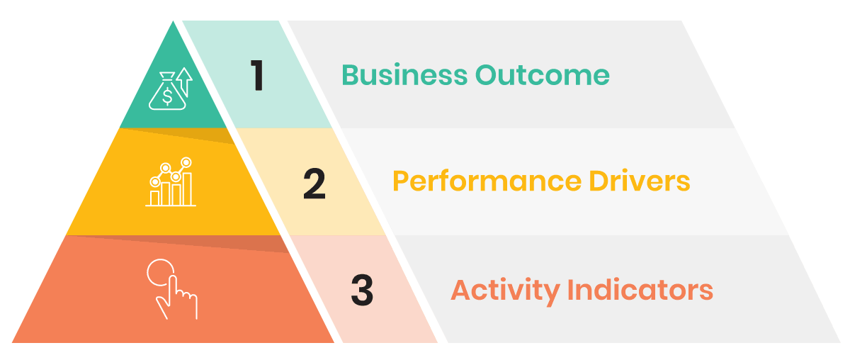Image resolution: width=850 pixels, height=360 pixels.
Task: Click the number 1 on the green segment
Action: click(258, 76)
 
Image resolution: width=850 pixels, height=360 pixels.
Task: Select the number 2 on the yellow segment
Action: click(314, 183)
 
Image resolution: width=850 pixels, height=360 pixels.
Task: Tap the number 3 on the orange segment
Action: click(362, 291)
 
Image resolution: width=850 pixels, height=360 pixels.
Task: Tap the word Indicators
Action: click(640, 291)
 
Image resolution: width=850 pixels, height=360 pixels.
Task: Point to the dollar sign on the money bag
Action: click(166, 95)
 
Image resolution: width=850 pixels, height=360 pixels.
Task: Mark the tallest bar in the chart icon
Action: click(188, 188)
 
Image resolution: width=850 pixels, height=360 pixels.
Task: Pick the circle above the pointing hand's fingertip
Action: click(159, 274)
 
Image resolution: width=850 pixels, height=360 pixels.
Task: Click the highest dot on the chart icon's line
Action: click(187, 162)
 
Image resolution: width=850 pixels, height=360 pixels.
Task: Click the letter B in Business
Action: click(350, 75)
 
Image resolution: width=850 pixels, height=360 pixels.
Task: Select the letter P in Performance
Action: click(400, 182)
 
